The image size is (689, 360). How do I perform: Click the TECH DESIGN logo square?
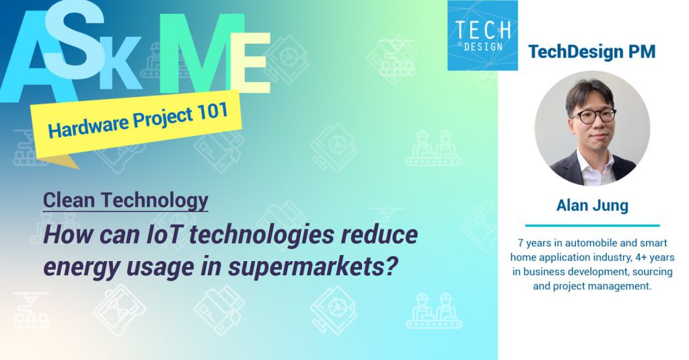coord(482,35)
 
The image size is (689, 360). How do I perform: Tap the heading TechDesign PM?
coord(592,52)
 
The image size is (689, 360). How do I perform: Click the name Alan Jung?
coord(592,205)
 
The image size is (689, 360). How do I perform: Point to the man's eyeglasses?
coord(593,115)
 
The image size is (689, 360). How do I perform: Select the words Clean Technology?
coord(126,201)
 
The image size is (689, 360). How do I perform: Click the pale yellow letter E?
coord(252,63)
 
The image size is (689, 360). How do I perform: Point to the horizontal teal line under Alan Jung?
coord(592,225)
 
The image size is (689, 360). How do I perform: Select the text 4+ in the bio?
coord(638,258)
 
